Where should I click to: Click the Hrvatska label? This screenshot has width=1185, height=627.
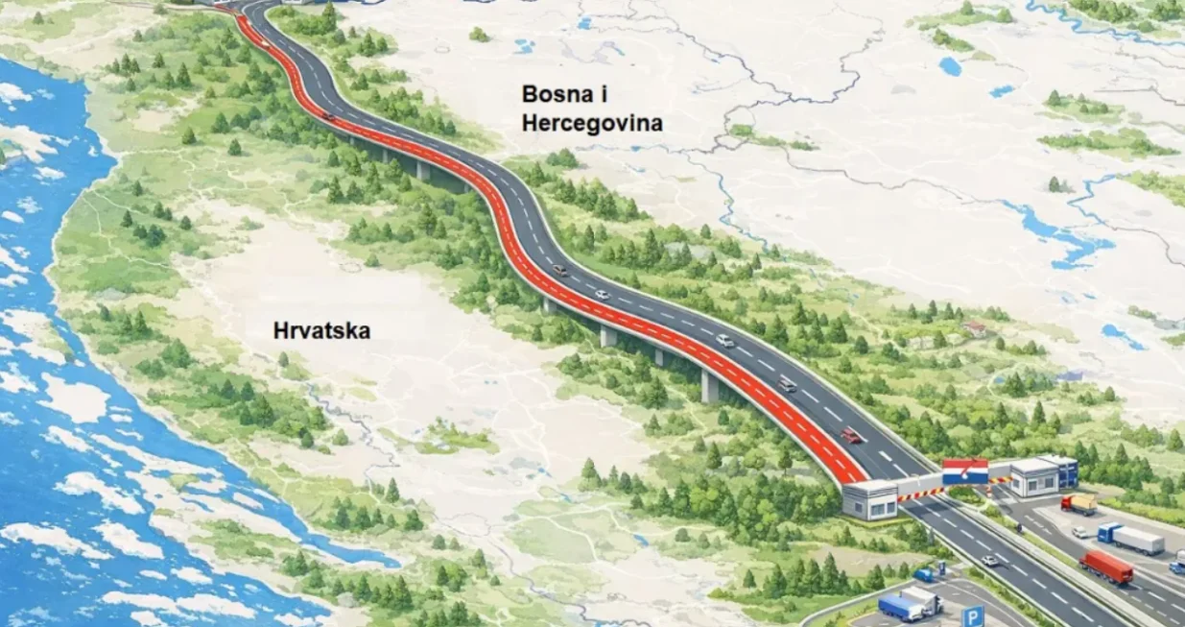coord(321,331)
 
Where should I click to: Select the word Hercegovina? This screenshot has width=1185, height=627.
coord(592,124)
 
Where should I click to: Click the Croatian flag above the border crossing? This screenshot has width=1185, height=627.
coord(964,471)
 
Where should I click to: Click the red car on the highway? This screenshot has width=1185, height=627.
coord(851,435)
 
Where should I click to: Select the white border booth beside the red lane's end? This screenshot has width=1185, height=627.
coord(869,500)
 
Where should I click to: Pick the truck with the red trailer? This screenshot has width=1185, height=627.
coord(1106,567)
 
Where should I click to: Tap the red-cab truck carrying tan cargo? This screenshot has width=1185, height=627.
coord(1078,503)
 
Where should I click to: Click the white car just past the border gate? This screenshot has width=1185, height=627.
coord(989,560)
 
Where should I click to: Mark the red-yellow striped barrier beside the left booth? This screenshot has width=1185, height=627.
coord(918,494)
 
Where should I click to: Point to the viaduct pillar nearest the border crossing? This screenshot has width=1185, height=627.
coord(709,386)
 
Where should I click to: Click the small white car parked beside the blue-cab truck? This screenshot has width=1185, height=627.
coord(1080,532)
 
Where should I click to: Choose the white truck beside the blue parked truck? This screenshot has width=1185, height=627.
coord(923,599)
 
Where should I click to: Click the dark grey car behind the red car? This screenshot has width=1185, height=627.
coord(787,384)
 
